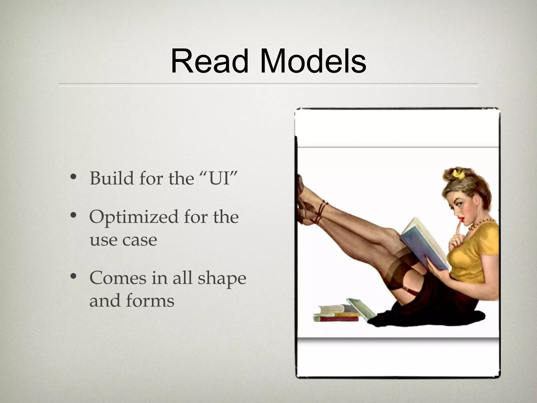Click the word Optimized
(x=134, y=217)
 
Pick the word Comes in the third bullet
(x=118, y=278)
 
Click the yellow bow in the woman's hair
(x=457, y=173)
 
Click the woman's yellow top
(x=475, y=252)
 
